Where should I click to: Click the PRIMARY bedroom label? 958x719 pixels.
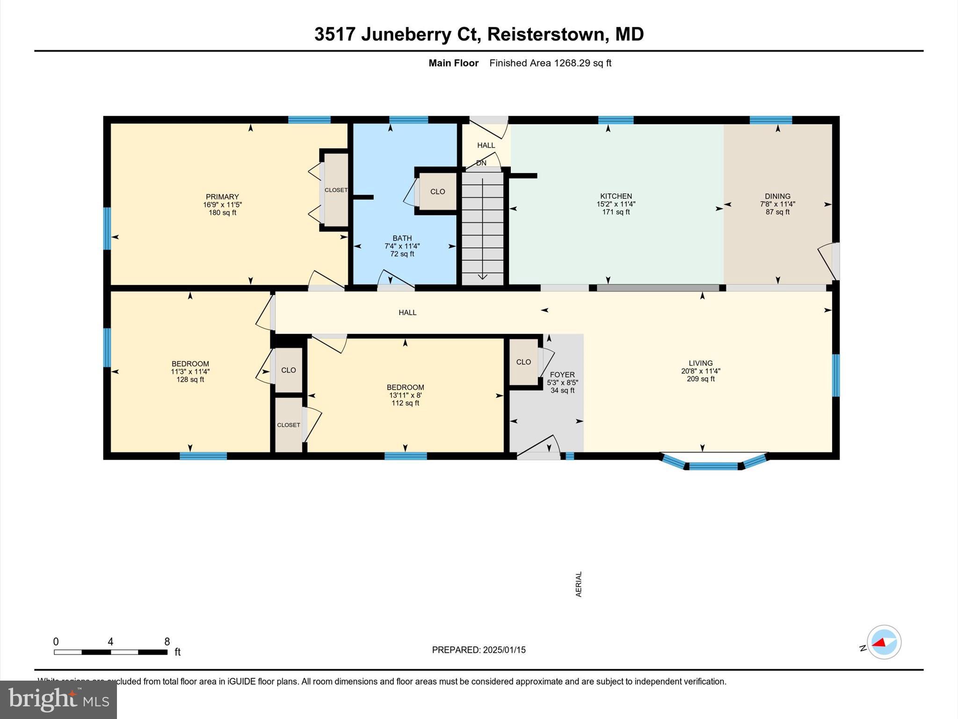[x=222, y=197]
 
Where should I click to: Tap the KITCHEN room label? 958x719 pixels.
[x=616, y=196]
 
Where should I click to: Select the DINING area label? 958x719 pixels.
[x=777, y=196]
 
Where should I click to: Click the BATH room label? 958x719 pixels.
[x=402, y=238]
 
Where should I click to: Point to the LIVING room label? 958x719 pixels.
[x=700, y=363]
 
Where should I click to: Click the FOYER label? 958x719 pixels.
[x=562, y=375]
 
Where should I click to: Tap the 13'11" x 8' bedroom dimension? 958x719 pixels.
[x=405, y=395]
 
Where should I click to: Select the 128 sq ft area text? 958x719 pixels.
[x=190, y=380]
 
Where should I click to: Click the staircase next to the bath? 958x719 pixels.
[x=482, y=229]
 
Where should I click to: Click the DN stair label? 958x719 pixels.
[x=481, y=163]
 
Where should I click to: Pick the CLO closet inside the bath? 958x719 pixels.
[x=437, y=191]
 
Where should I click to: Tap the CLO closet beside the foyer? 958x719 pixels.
[x=523, y=362]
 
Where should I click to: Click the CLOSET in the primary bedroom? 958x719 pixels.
[x=336, y=190]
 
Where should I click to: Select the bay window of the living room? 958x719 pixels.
[x=713, y=464]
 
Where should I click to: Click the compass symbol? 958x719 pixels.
[x=884, y=642]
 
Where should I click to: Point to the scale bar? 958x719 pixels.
[x=110, y=652]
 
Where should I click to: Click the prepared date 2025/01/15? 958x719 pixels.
[x=504, y=650]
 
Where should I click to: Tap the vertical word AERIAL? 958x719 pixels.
[x=579, y=584]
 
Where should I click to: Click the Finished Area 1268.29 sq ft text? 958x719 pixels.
[x=550, y=63]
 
